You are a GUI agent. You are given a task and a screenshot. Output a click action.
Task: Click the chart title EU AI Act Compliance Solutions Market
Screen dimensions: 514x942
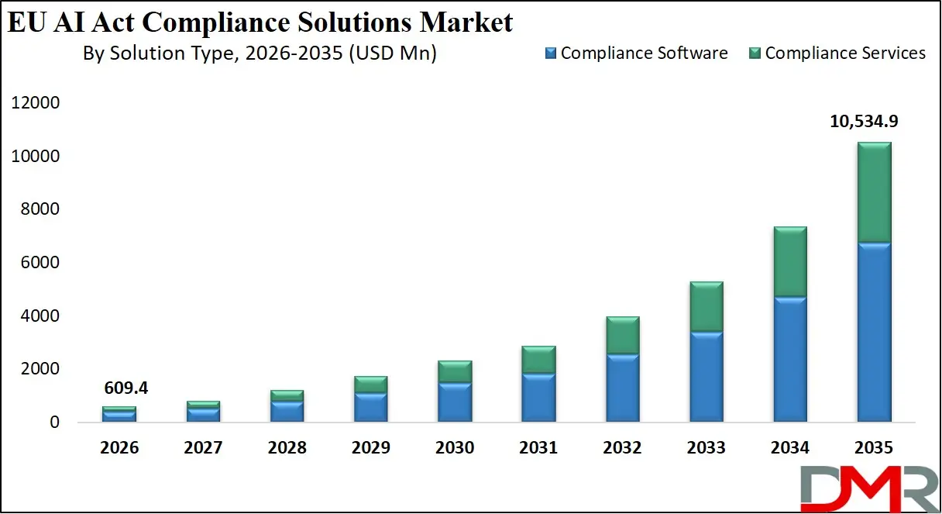[260, 22]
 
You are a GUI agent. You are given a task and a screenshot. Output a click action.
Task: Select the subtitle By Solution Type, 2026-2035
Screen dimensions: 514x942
[260, 53]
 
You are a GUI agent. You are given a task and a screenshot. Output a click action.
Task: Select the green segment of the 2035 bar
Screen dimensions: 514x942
[873, 192]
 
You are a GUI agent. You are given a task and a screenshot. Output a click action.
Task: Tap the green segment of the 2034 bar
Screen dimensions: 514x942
[789, 262]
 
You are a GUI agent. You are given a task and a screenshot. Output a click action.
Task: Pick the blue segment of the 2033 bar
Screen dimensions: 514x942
[706, 377]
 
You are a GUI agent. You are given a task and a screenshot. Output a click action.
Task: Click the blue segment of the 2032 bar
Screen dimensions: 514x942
[622, 388]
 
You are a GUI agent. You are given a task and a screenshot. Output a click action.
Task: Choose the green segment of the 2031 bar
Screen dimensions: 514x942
[538, 360]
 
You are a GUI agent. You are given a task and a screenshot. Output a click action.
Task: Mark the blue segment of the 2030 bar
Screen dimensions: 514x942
[455, 402]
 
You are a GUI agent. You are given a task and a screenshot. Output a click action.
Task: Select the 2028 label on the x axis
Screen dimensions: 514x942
[287, 448]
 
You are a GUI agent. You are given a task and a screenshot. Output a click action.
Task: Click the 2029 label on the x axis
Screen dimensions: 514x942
[370, 448]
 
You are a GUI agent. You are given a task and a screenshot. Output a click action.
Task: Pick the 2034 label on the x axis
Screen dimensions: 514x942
[789, 448]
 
